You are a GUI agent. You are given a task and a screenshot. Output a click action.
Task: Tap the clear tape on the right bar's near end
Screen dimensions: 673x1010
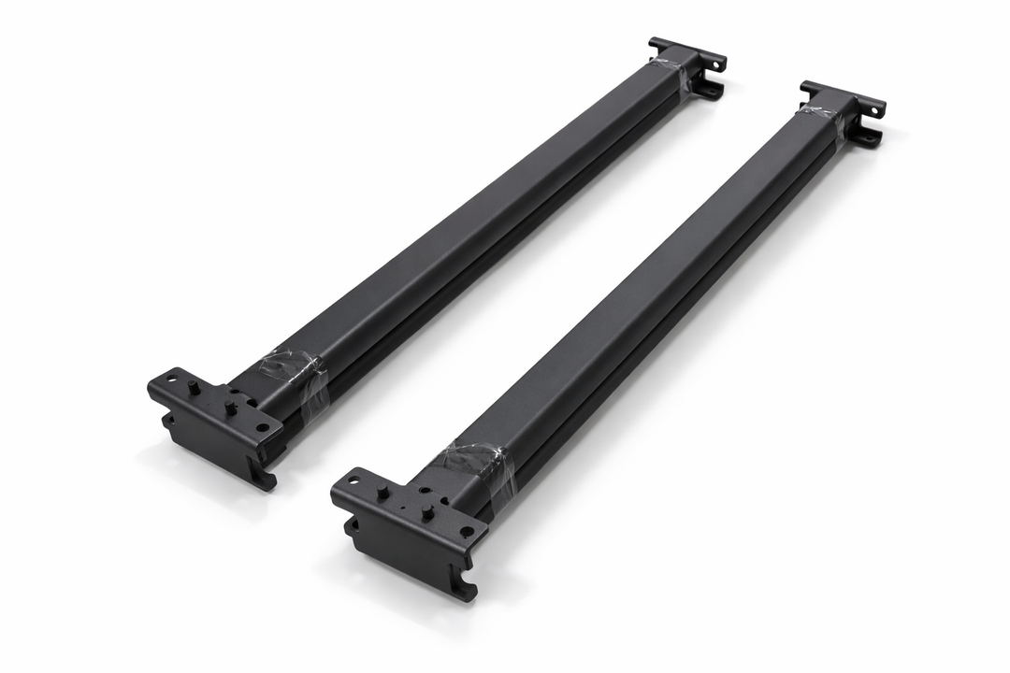[477, 464]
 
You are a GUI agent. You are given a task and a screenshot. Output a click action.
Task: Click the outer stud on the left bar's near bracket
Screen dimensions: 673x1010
[192, 387]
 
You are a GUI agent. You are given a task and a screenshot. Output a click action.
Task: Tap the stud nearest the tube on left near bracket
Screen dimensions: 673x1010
[228, 407]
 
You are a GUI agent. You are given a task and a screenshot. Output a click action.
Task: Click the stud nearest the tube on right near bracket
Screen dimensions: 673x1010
[426, 512]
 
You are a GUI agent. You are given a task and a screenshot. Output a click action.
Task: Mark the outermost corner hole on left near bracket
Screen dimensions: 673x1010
[171, 379]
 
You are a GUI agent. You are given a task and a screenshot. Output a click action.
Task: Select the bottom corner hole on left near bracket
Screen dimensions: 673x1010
[261, 429]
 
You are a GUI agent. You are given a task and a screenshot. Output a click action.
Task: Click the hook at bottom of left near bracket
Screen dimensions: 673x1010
[266, 478]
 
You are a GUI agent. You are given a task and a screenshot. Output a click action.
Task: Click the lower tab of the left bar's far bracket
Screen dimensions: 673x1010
[710, 90]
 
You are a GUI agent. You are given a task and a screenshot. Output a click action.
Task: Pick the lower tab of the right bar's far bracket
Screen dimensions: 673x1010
[869, 137]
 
